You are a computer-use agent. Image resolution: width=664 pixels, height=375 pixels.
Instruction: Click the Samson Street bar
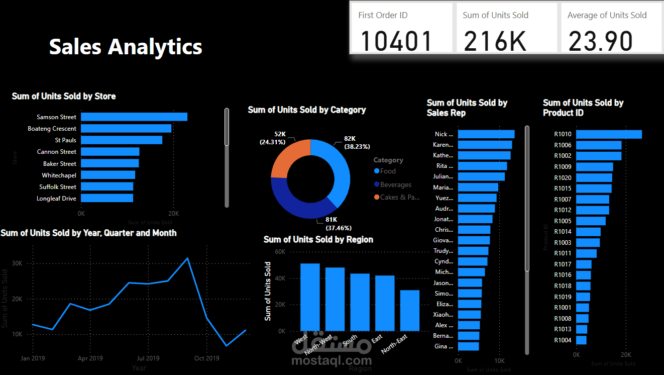[134, 117]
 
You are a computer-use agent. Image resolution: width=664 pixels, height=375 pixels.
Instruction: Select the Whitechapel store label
[59, 175]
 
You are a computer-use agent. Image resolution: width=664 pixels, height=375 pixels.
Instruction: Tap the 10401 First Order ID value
[396, 41]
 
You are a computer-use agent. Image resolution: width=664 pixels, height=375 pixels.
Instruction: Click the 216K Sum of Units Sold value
[495, 41]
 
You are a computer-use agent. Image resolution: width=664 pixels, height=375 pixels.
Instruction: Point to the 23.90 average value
[600, 41]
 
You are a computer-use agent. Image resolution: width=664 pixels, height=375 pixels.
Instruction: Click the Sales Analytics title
[126, 47]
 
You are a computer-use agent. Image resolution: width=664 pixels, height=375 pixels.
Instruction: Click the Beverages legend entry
[396, 184]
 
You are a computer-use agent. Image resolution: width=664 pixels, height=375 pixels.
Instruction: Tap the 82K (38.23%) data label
[357, 142]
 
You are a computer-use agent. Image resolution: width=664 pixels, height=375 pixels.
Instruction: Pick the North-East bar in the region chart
[410, 310]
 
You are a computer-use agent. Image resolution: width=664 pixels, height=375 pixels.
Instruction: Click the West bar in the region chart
[310, 297]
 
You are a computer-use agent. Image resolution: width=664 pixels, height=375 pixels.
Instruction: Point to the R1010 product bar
[609, 134]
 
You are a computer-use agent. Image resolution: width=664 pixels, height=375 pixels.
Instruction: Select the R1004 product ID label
[563, 340]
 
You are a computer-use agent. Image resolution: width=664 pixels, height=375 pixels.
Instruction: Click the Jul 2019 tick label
[148, 358]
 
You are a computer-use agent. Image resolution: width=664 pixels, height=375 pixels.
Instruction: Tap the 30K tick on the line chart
[17, 263]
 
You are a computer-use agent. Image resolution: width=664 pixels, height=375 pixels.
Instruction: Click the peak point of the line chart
[187, 258]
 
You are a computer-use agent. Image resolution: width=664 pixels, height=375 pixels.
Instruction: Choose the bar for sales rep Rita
[482, 166]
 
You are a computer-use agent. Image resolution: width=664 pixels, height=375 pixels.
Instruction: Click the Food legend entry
[388, 171]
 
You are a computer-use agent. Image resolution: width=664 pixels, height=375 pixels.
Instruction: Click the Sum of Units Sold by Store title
[64, 96]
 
